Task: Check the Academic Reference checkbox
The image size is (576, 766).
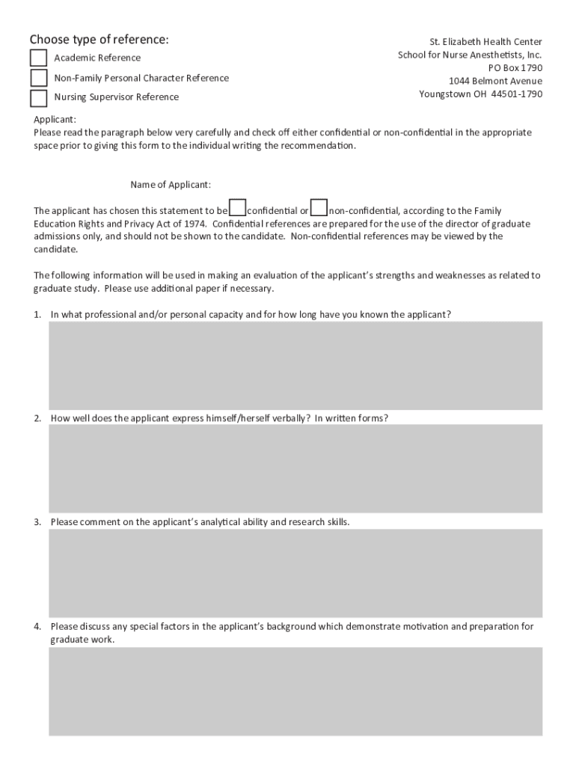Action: tap(38, 58)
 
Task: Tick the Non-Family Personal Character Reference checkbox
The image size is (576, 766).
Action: tap(38, 78)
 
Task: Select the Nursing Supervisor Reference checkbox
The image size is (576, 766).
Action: tap(38, 97)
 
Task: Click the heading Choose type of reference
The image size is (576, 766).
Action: tap(99, 39)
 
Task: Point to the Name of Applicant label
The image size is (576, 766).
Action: tap(171, 185)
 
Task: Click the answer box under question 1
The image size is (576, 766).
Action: tap(295, 365)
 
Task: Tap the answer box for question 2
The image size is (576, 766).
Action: tap(295, 468)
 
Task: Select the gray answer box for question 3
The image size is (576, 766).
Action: tap(295, 572)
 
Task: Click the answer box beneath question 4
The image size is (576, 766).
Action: tap(295, 691)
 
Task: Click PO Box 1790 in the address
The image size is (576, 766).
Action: tap(515, 68)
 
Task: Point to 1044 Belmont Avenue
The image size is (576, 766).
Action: tap(495, 81)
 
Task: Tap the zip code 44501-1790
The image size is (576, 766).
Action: tap(517, 94)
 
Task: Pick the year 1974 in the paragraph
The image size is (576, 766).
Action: tap(195, 224)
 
